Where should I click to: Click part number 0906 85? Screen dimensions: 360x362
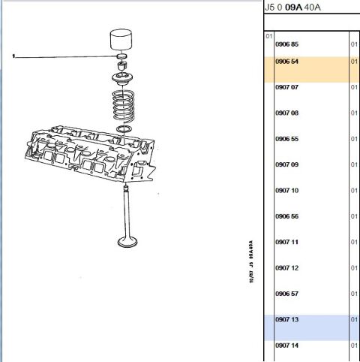(x=286, y=44)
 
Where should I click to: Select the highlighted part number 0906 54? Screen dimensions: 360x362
(x=286, y=62)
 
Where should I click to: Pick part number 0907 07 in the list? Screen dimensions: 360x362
(x=286, y=87)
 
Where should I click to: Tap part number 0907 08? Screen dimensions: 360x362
(x=286, y=113)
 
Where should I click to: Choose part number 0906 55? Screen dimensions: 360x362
(x=286, y=139)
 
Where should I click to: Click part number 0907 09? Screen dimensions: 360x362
(x=286, y=164)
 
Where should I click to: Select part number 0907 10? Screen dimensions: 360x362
(x=286, y=191)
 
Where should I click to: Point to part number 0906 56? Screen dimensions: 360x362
(x=286, y=216)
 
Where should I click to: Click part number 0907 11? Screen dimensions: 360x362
(x=286, y=242)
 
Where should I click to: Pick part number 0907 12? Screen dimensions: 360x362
(x=286, y=268)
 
